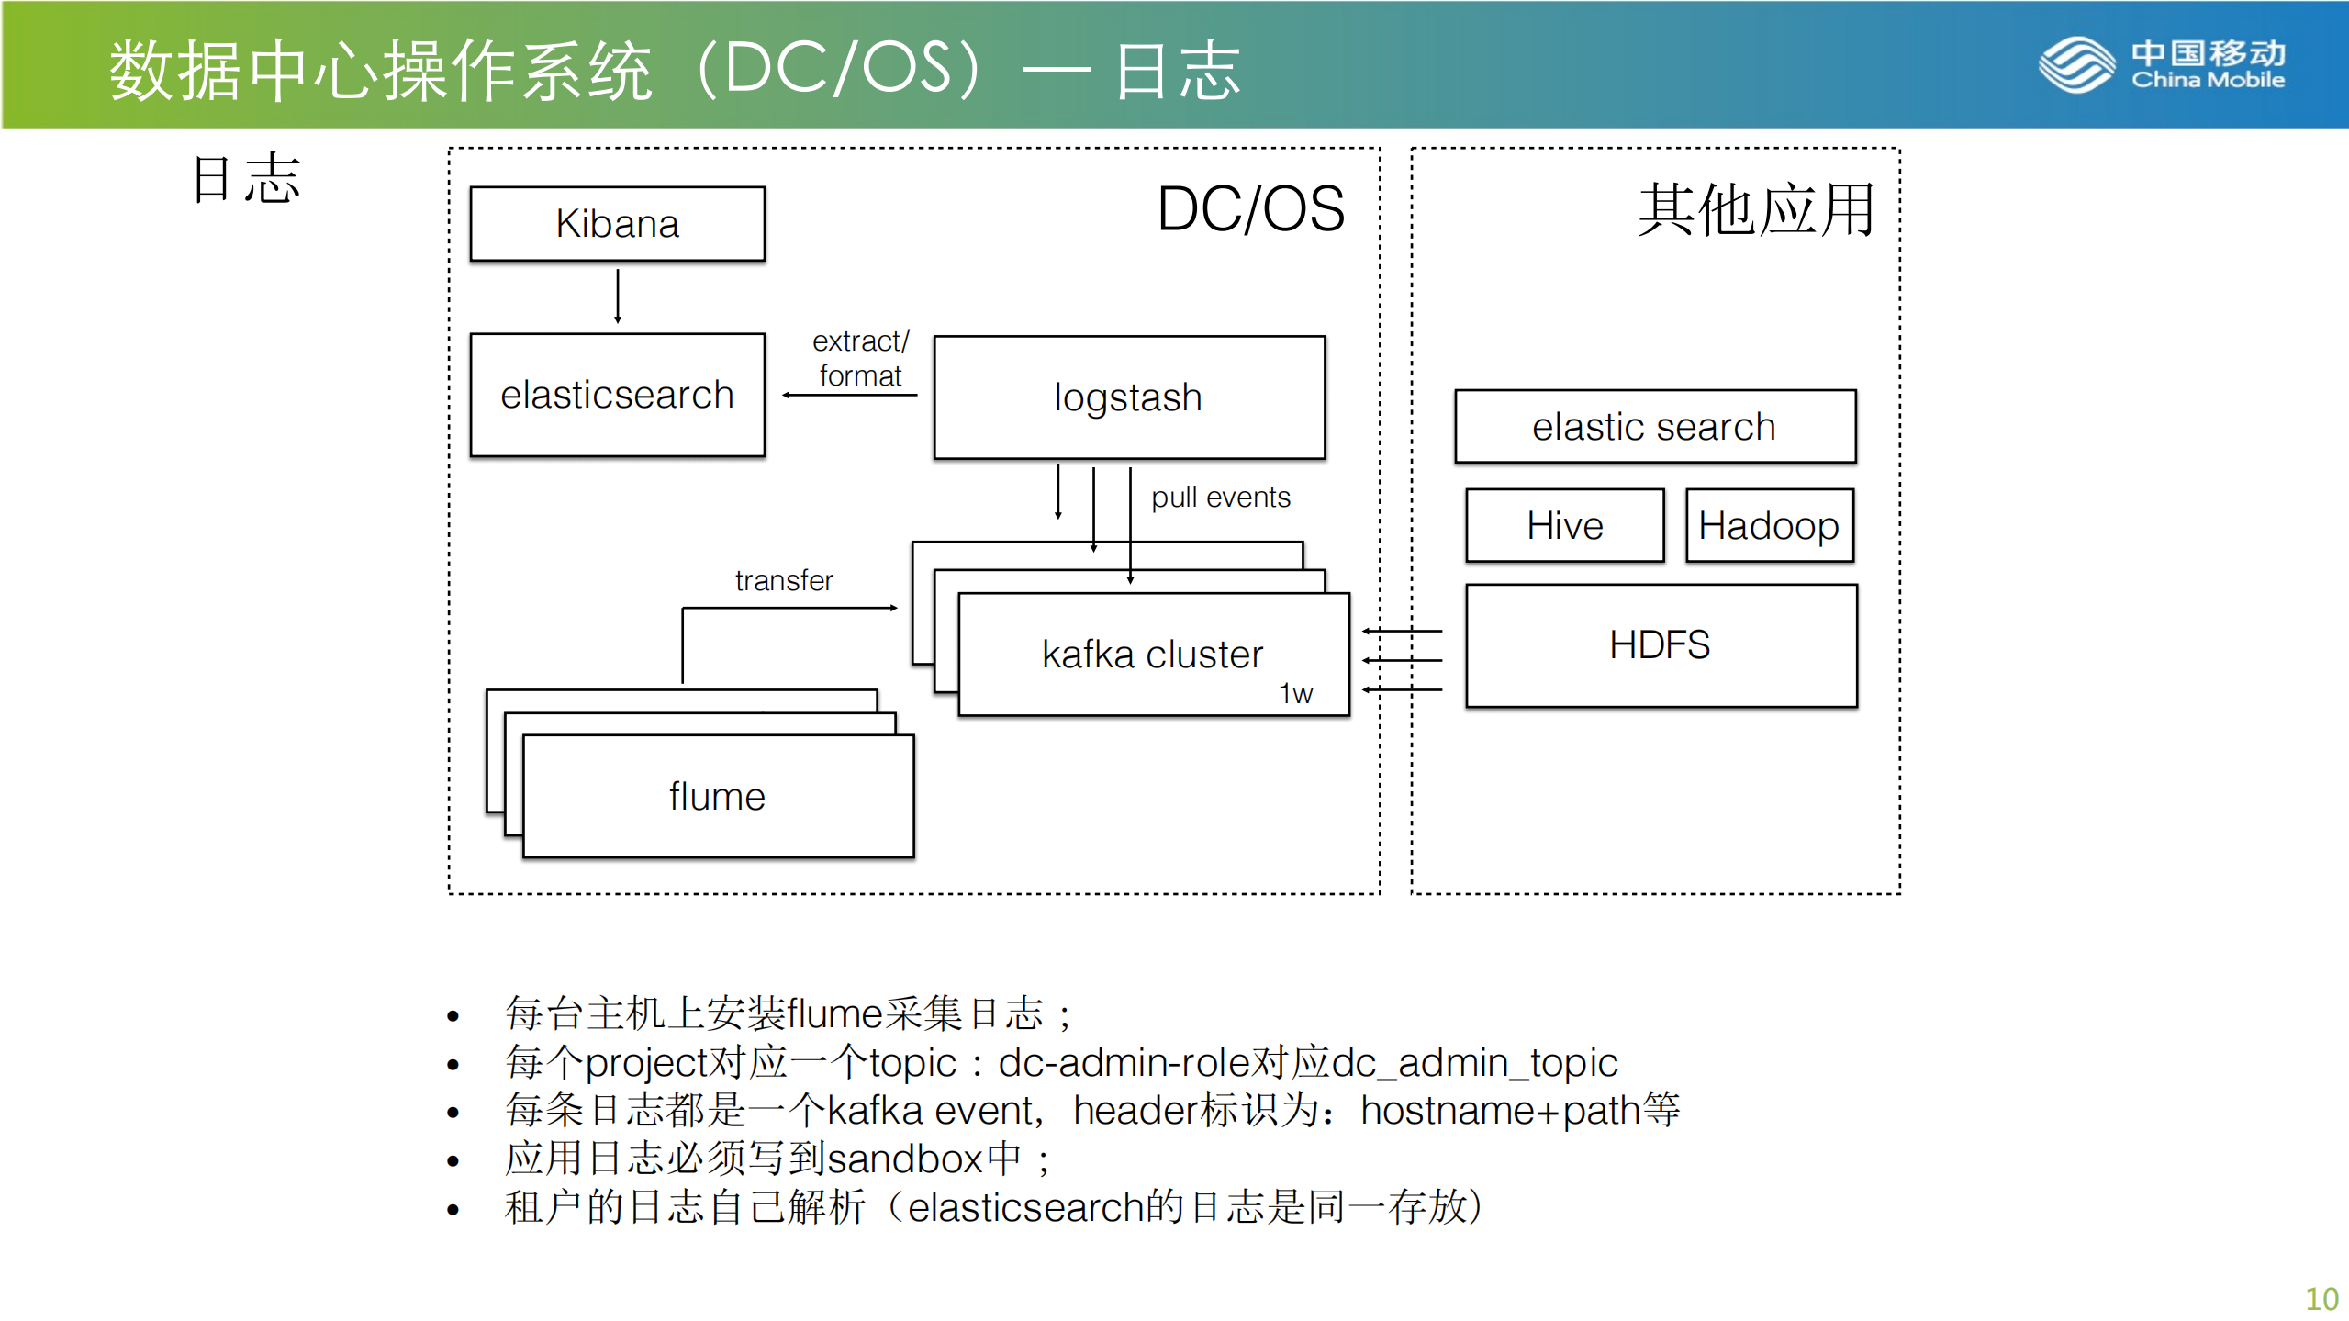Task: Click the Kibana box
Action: click(x=617, y=224)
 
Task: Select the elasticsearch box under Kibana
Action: click(x=617, y=395)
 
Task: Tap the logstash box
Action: click(x=1128, y=397)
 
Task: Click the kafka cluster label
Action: click(x=1152, y=655)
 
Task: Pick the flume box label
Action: click(x=717, y=796)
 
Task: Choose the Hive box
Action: click(x=1564, y=526)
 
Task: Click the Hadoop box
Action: click(x=1769, y=526)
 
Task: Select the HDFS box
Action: click(x=1660, y=644)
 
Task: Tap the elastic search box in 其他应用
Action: click(x=1654, y=427)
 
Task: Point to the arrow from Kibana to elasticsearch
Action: click(x=618, y=296)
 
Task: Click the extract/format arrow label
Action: click(x=860, y=359)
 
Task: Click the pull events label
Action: click(x=1220, y=498)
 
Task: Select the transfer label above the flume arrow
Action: click(x=784, y=580)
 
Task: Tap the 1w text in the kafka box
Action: click(x=1295, y=693)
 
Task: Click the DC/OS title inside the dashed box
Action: click(x=1250, y=209)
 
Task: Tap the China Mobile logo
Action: click(x=2162, y=64)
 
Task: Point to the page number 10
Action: click(x=2321, y=1299)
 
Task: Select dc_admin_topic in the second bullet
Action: click(x=1474, y=1063)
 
